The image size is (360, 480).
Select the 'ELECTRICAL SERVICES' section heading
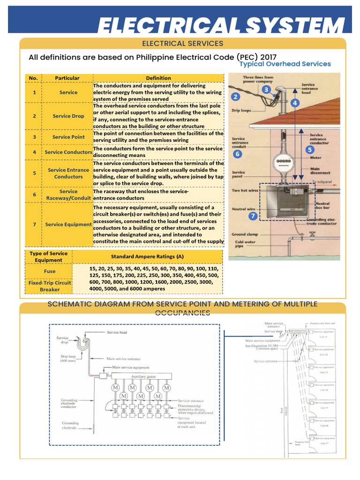click(182, 44)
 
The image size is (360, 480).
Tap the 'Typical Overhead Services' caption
click(285, 64)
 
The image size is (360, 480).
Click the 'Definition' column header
click(158, 78)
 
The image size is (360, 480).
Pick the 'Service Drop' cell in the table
click(68, 116)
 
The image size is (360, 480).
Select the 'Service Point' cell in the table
click(68, 137)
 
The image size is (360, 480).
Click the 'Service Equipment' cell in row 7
click(68, 225)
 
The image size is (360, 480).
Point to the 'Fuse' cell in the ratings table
click(49, 271)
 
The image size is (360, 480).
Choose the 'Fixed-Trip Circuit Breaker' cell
click(49, 286)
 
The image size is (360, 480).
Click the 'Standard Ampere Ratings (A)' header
click(147, 256)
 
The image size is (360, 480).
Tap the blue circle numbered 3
click(266, 90)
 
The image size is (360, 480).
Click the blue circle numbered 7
click(253, 216)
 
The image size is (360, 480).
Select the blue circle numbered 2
click(236, 97)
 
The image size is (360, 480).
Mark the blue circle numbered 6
click(237, 154)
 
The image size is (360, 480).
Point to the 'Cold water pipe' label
click(243, 245)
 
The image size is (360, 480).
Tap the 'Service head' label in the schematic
click(117, 332)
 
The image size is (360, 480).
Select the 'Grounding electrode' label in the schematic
click(70, 426)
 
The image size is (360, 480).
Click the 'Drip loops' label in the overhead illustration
click(241, 111)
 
